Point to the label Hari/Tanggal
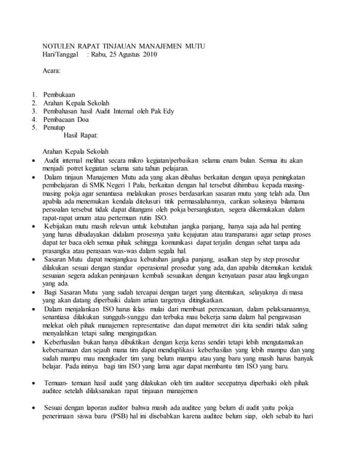(61, 54)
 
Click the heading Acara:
(51, 73)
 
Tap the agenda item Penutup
(57, 127)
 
